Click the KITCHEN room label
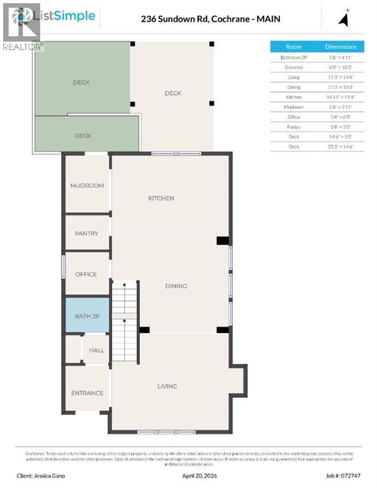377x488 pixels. (x=161, y=198)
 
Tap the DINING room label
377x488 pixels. (x=176, y=286)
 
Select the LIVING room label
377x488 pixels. (x=167, y=386)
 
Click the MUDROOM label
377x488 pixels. (x=86, y=186)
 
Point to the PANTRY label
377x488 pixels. (x=86, y=234)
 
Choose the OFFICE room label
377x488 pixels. (x=86, y=274)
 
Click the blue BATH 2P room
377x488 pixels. (x=86, y=316)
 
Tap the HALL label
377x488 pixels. (x=97, y=350)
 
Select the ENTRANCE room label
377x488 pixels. (x=87, y=393)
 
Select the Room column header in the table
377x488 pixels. (x=294, y=47)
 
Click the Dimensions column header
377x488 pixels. (x=341, y=47)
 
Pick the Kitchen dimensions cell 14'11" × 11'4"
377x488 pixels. (x=341, y=97)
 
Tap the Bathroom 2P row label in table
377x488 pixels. (x=294, y=57)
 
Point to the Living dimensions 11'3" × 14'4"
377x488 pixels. (x=341, y=77)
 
